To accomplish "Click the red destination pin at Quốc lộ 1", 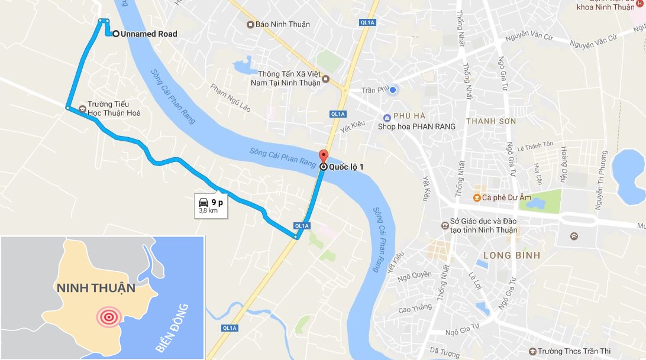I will (x=323, y=156).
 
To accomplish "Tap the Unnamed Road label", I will (x=148, y=34).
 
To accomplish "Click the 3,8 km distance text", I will (x=209, y=210).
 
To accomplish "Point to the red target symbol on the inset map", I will (x=108, y=317).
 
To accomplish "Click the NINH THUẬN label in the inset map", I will (x=96, y=288).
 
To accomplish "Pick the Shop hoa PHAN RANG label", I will (x=417, y=126).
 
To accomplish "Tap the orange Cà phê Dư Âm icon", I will (x=476, y=197).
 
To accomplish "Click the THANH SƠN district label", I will (x=491, y=121).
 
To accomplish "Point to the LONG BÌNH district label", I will (x=512, y=255).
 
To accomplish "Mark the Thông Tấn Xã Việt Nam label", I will (x=290, y=78).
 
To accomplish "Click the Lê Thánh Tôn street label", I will (x=535, y=144).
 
